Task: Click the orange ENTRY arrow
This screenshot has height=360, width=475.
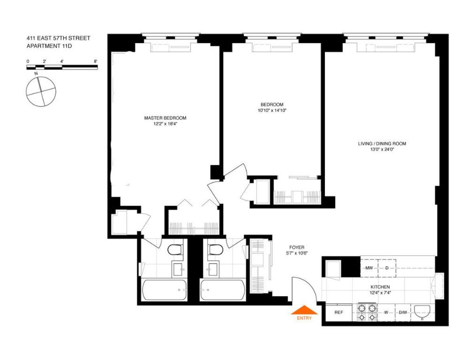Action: pyautogui.click(x=304, y=310)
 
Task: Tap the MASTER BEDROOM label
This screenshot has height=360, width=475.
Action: pyautogui.click(x=165, y=118)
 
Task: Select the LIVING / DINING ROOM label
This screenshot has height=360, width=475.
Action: pyautogui.click(x=382, y=144)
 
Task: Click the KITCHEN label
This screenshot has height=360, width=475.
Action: pyautogui.click(x=380, y=287)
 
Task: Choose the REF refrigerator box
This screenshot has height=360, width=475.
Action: pyautogui.click(x=338, y=312)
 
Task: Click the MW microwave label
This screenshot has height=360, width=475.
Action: pyautogui.click(x=369, y=268)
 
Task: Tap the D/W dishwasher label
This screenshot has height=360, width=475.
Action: pyautogui.click(x=403, y=313)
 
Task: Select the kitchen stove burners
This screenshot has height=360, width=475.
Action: pyautogui.click(x=367, y=312)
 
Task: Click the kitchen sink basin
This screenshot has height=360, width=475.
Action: pyautogui.click(x=424, y=312)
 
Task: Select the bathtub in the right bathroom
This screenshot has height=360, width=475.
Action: pyautogui.click(x=222, y=290)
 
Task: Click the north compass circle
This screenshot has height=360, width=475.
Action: pyautogui.click(x=41, y=91)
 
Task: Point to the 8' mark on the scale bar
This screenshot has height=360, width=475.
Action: pyautogui.click(x=96, y=61)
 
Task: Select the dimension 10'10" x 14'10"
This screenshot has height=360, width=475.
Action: pyautogui.click(x=272, y=111)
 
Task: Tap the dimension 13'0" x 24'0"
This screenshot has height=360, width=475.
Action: pyautogui.click(x=382, y=150)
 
